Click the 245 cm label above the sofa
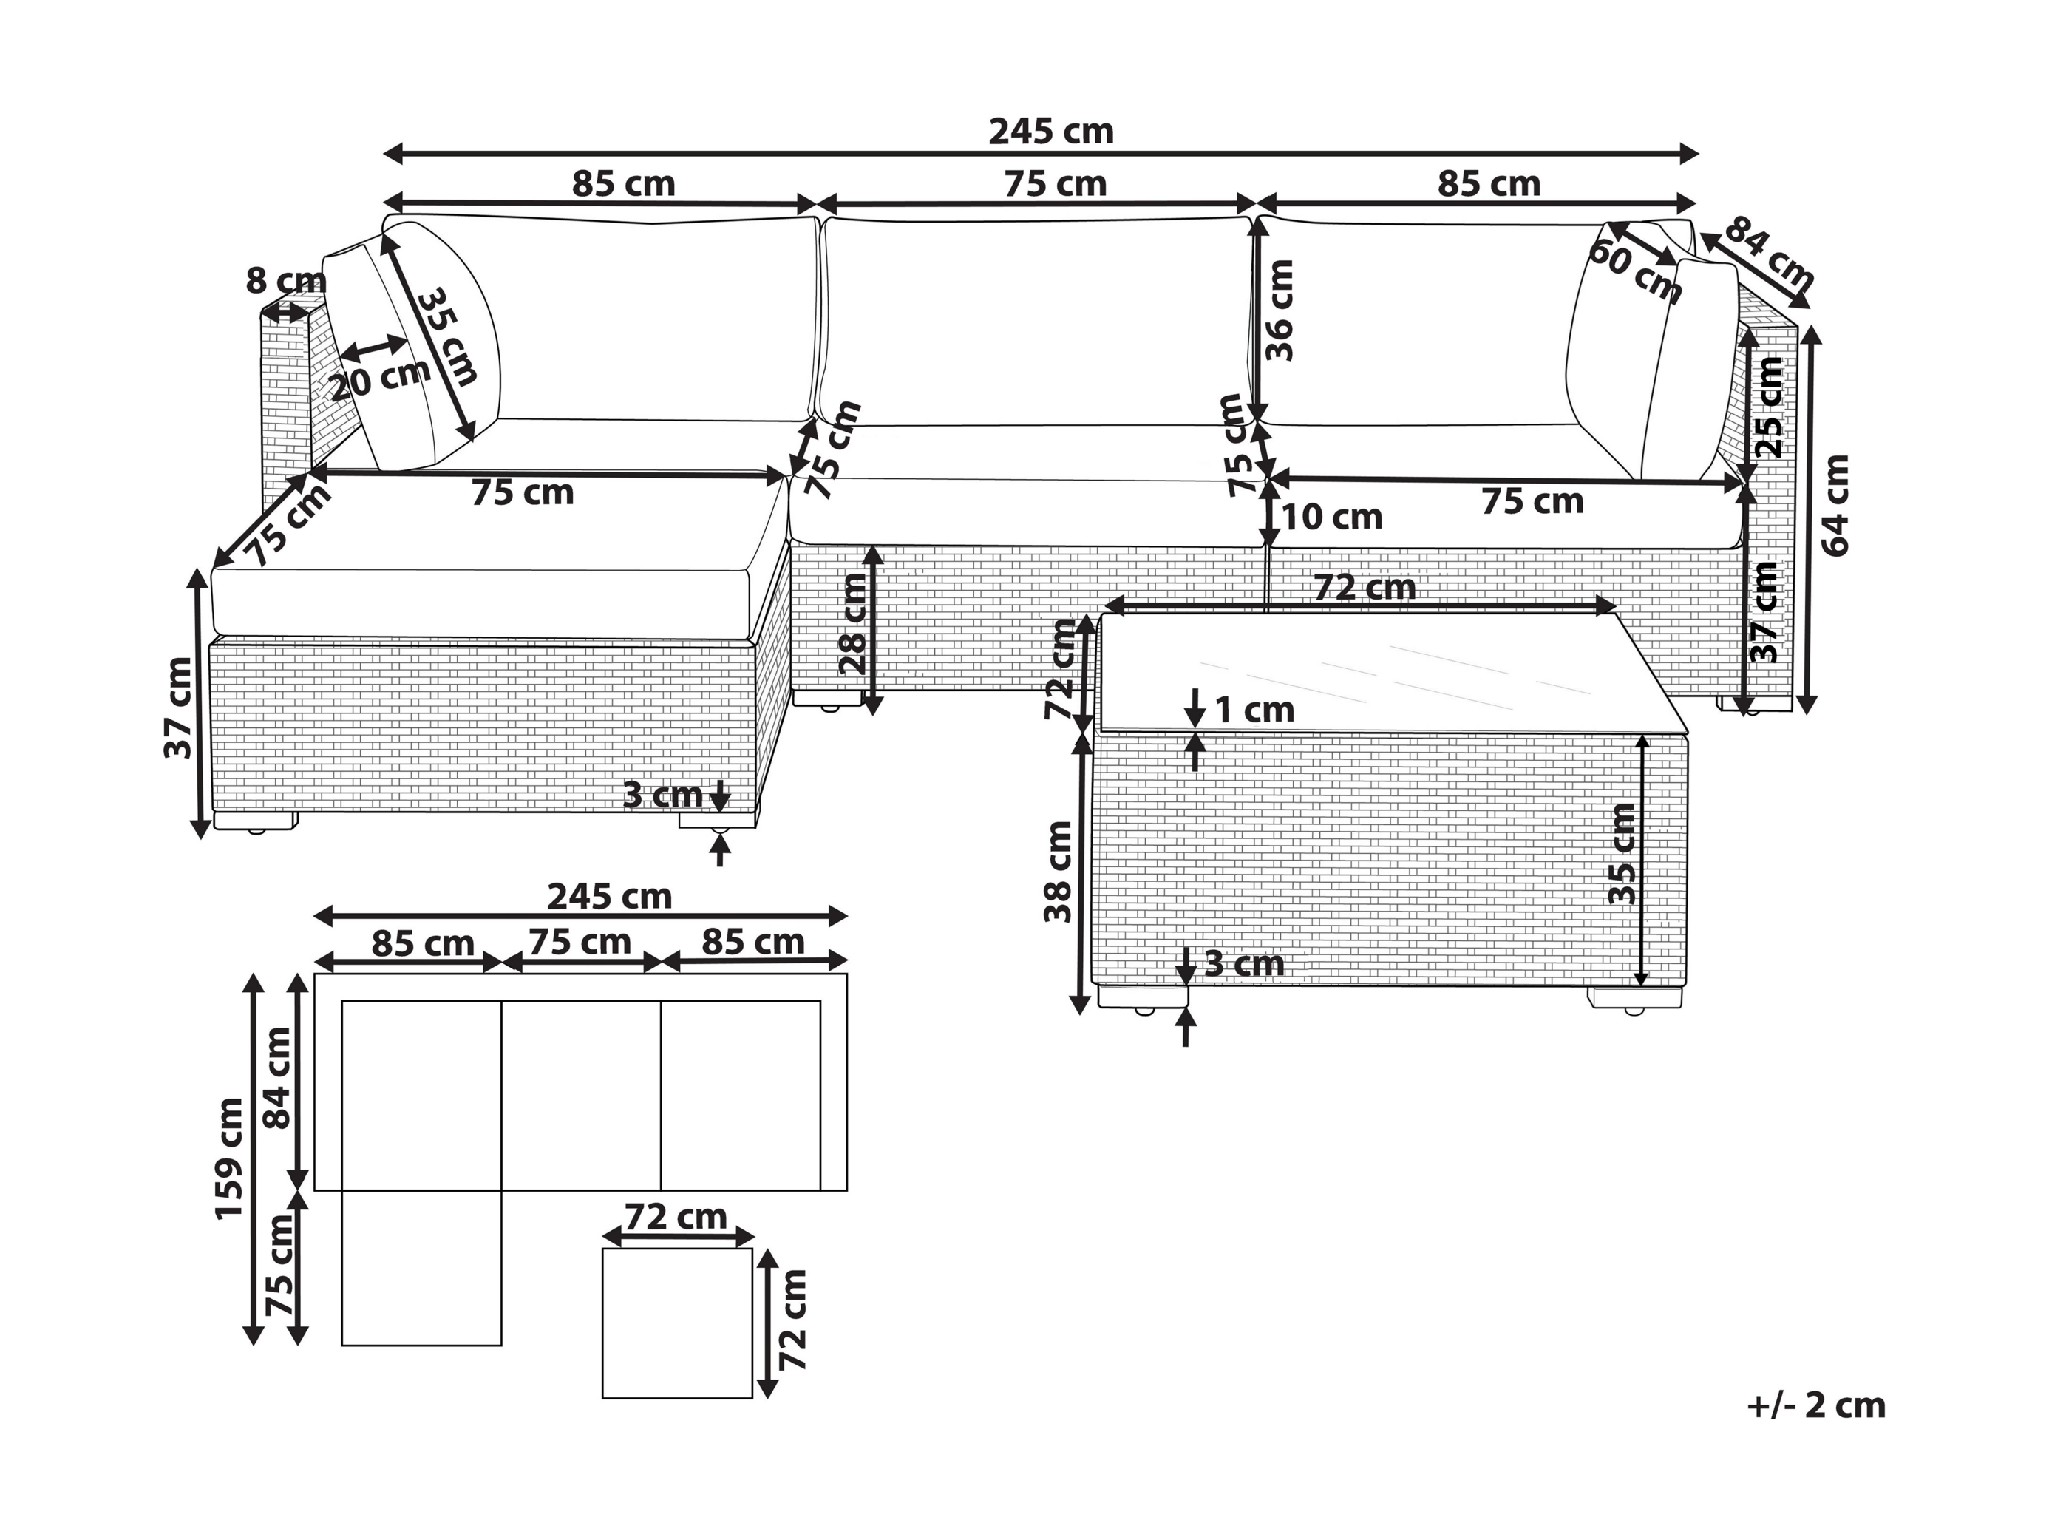pyautogui.click(x=1051, y=132)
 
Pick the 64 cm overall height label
pyautogui.click(x=1836, y=506)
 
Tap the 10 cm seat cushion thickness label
pyautogui.click(x=1332, y=517)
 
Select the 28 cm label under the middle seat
pyautogui.click(x=852, y=623)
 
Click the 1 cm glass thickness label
pyautogui.click(x=1254, y=710)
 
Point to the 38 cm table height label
pyautogui.click(x=1057, y=872)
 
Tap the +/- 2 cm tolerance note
pyautogui.click(x=1816, y=1405)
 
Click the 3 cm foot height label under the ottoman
pyautogui.click(x=662, y=795)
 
